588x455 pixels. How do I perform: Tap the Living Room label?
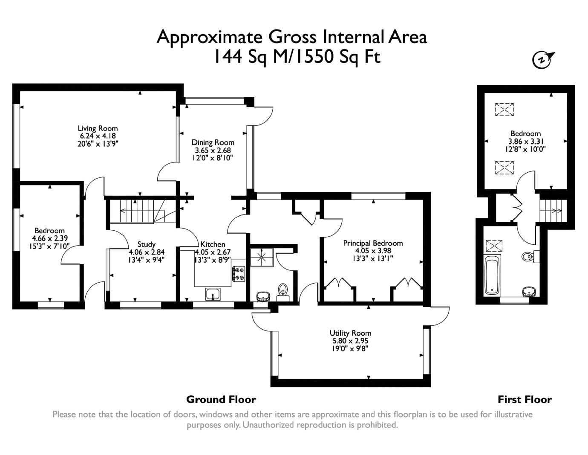pyautogui.click(x=98, y=128)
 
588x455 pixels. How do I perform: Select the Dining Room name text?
pyautogui.click(x=213, y=142)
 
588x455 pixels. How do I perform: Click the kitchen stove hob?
pyautogui.click(x=239, y=274)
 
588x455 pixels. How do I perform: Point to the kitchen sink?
pyautogui.click(x=213, y=294)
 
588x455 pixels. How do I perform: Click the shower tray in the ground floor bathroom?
pyautogui.click(x=262, y=257)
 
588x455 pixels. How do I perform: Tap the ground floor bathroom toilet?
pyautogui.click(x=283, y=293)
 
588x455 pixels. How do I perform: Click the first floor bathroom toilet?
pyautogui.click(x=530, y=256)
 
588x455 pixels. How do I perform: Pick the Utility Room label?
pyautogui.click(x=350, y=333)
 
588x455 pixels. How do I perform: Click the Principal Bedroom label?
pyautogui.click(x=373, y=243)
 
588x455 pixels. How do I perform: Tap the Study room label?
pyautogui.click(x=147, y=244)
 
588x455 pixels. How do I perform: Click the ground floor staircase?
pyautogui.click(x=142, y=212)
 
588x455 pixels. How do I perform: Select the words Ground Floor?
pyautogui.click(x=221, y=400)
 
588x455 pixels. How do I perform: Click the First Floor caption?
pyautogui.click(x=525, y=400)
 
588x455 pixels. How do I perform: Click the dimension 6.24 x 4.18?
pyautogui.click(x=98, y=136)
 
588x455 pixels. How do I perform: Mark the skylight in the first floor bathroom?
pyautogui.click(x=494, y=246)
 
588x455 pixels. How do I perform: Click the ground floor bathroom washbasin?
pyautogui.click(x=263, y=296)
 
